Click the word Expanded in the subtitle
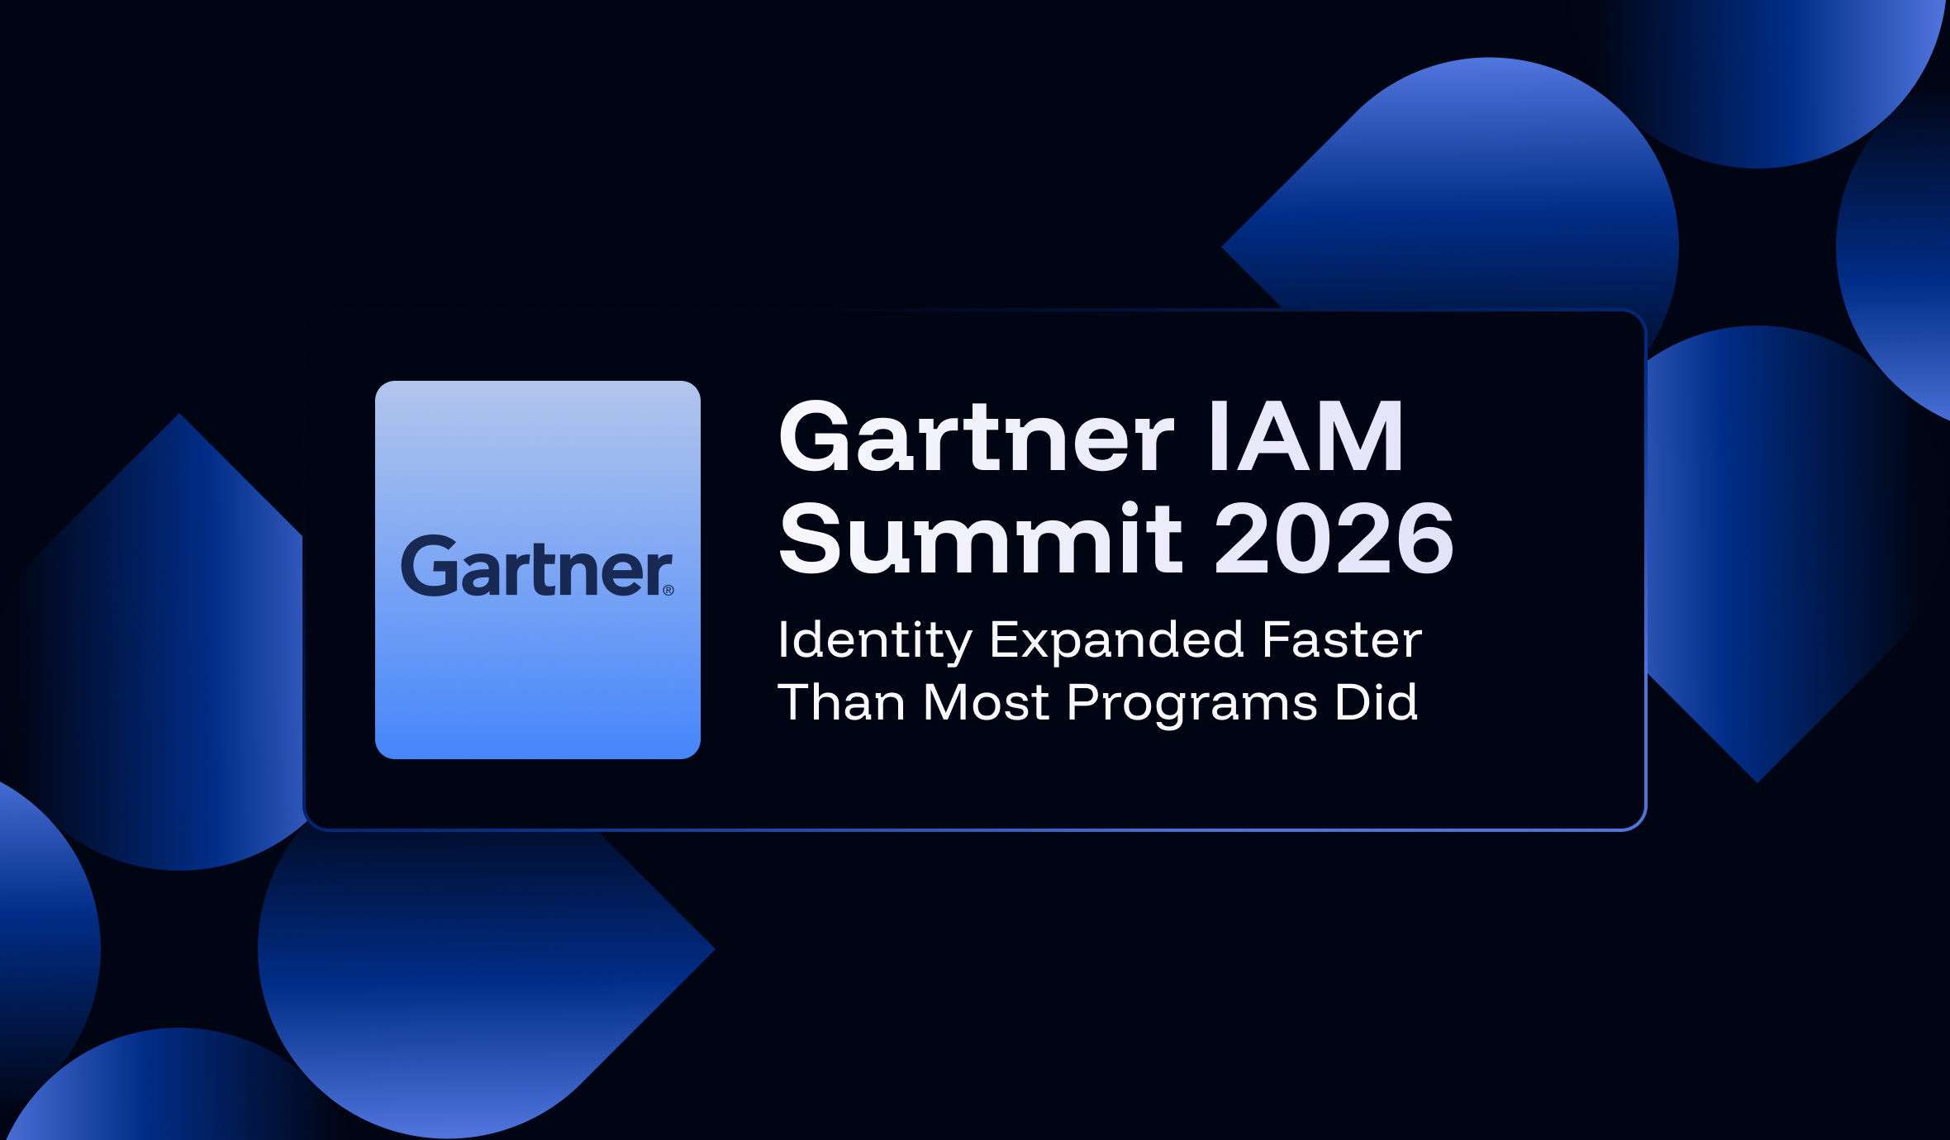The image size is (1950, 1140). tap(1116, 640)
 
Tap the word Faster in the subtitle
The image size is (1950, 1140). tap(1342, 640)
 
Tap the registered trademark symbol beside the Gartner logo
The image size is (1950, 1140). tap(668, 590)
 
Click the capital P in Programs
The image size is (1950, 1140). tap(1084, 702)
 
